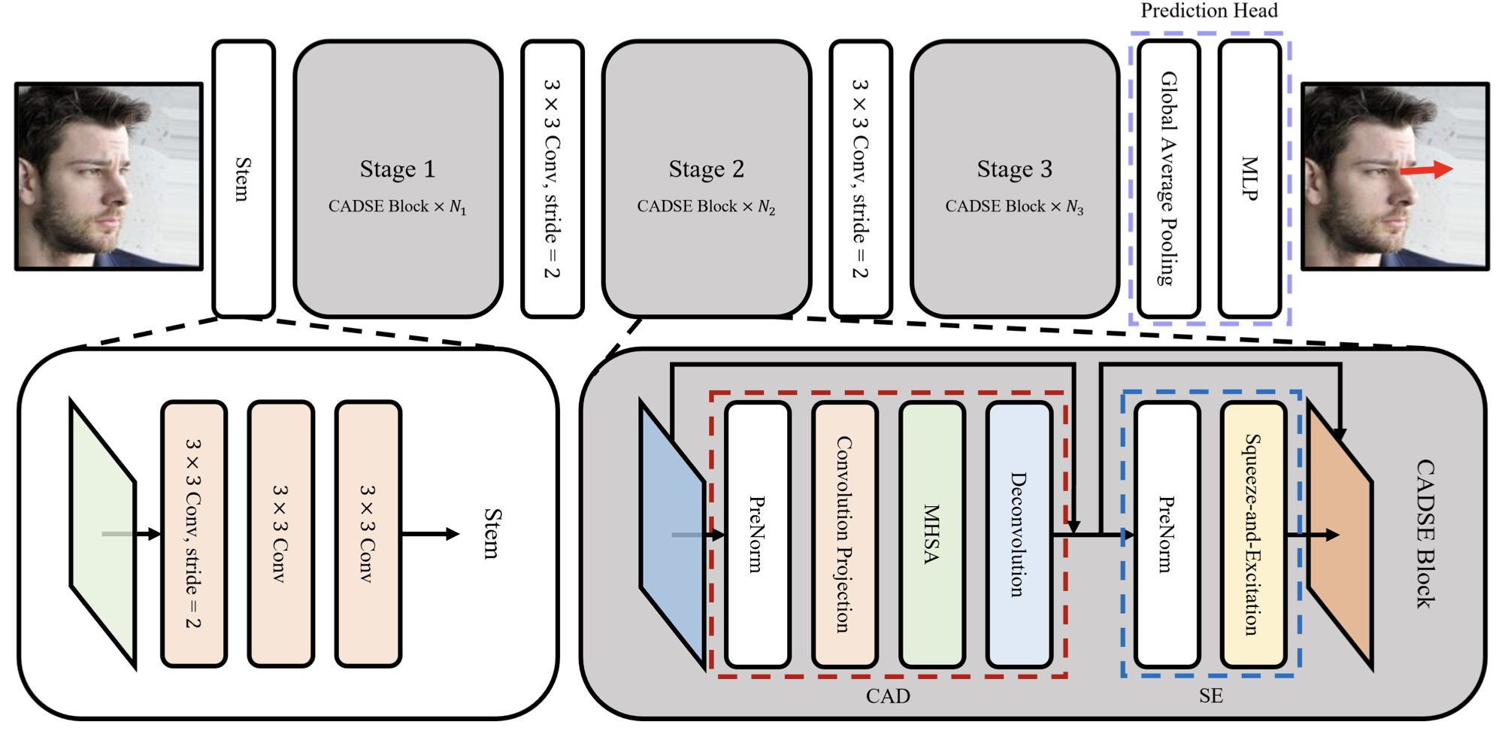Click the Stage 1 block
click(398, 179)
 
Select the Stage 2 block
click(706, 179)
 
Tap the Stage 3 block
click(1014, 179)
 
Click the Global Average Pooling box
click(1167, 179)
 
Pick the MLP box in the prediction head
click(1249, 179)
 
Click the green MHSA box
click(932, 535)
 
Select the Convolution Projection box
click(845, 535)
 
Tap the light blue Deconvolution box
click(1019, 535)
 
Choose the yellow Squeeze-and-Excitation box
click(1253, 535)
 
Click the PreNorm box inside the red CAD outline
click(758, 535)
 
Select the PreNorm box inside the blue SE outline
click(1167, 535)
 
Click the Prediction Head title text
click(1209, 11)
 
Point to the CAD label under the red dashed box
click(888, 696)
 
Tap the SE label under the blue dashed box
click(1210, 696)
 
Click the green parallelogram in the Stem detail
click(103, 534)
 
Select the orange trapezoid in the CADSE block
click(1340, 535)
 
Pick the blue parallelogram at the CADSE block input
click(672, 535)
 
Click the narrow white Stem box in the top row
click(244, 179)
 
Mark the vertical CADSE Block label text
click(1425, 534)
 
